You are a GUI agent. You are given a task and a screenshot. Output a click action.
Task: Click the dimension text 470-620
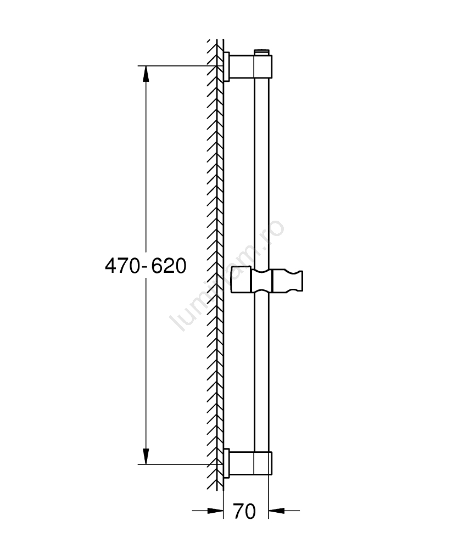pyautogui.click(x=146, y=266)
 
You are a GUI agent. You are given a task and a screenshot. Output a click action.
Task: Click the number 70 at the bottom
pyautogui.click(x=245, y=512)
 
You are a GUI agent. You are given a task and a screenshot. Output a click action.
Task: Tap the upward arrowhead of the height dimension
pyautogui.click(x=146, y=74)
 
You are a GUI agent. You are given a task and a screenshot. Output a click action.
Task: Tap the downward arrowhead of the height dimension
pyautogui.click(x=146, y=456)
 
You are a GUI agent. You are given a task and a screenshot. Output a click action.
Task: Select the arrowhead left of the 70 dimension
pyautogui.click(x=215, y=511)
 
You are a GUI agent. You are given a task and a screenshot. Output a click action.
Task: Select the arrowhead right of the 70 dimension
pyautogui.click(x=277, y=511)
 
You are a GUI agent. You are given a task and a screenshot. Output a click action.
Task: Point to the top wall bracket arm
pyautogui.click(x=242, y=66)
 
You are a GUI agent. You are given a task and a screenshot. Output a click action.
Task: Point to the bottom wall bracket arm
pyautogui.click(x=242, y=463)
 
